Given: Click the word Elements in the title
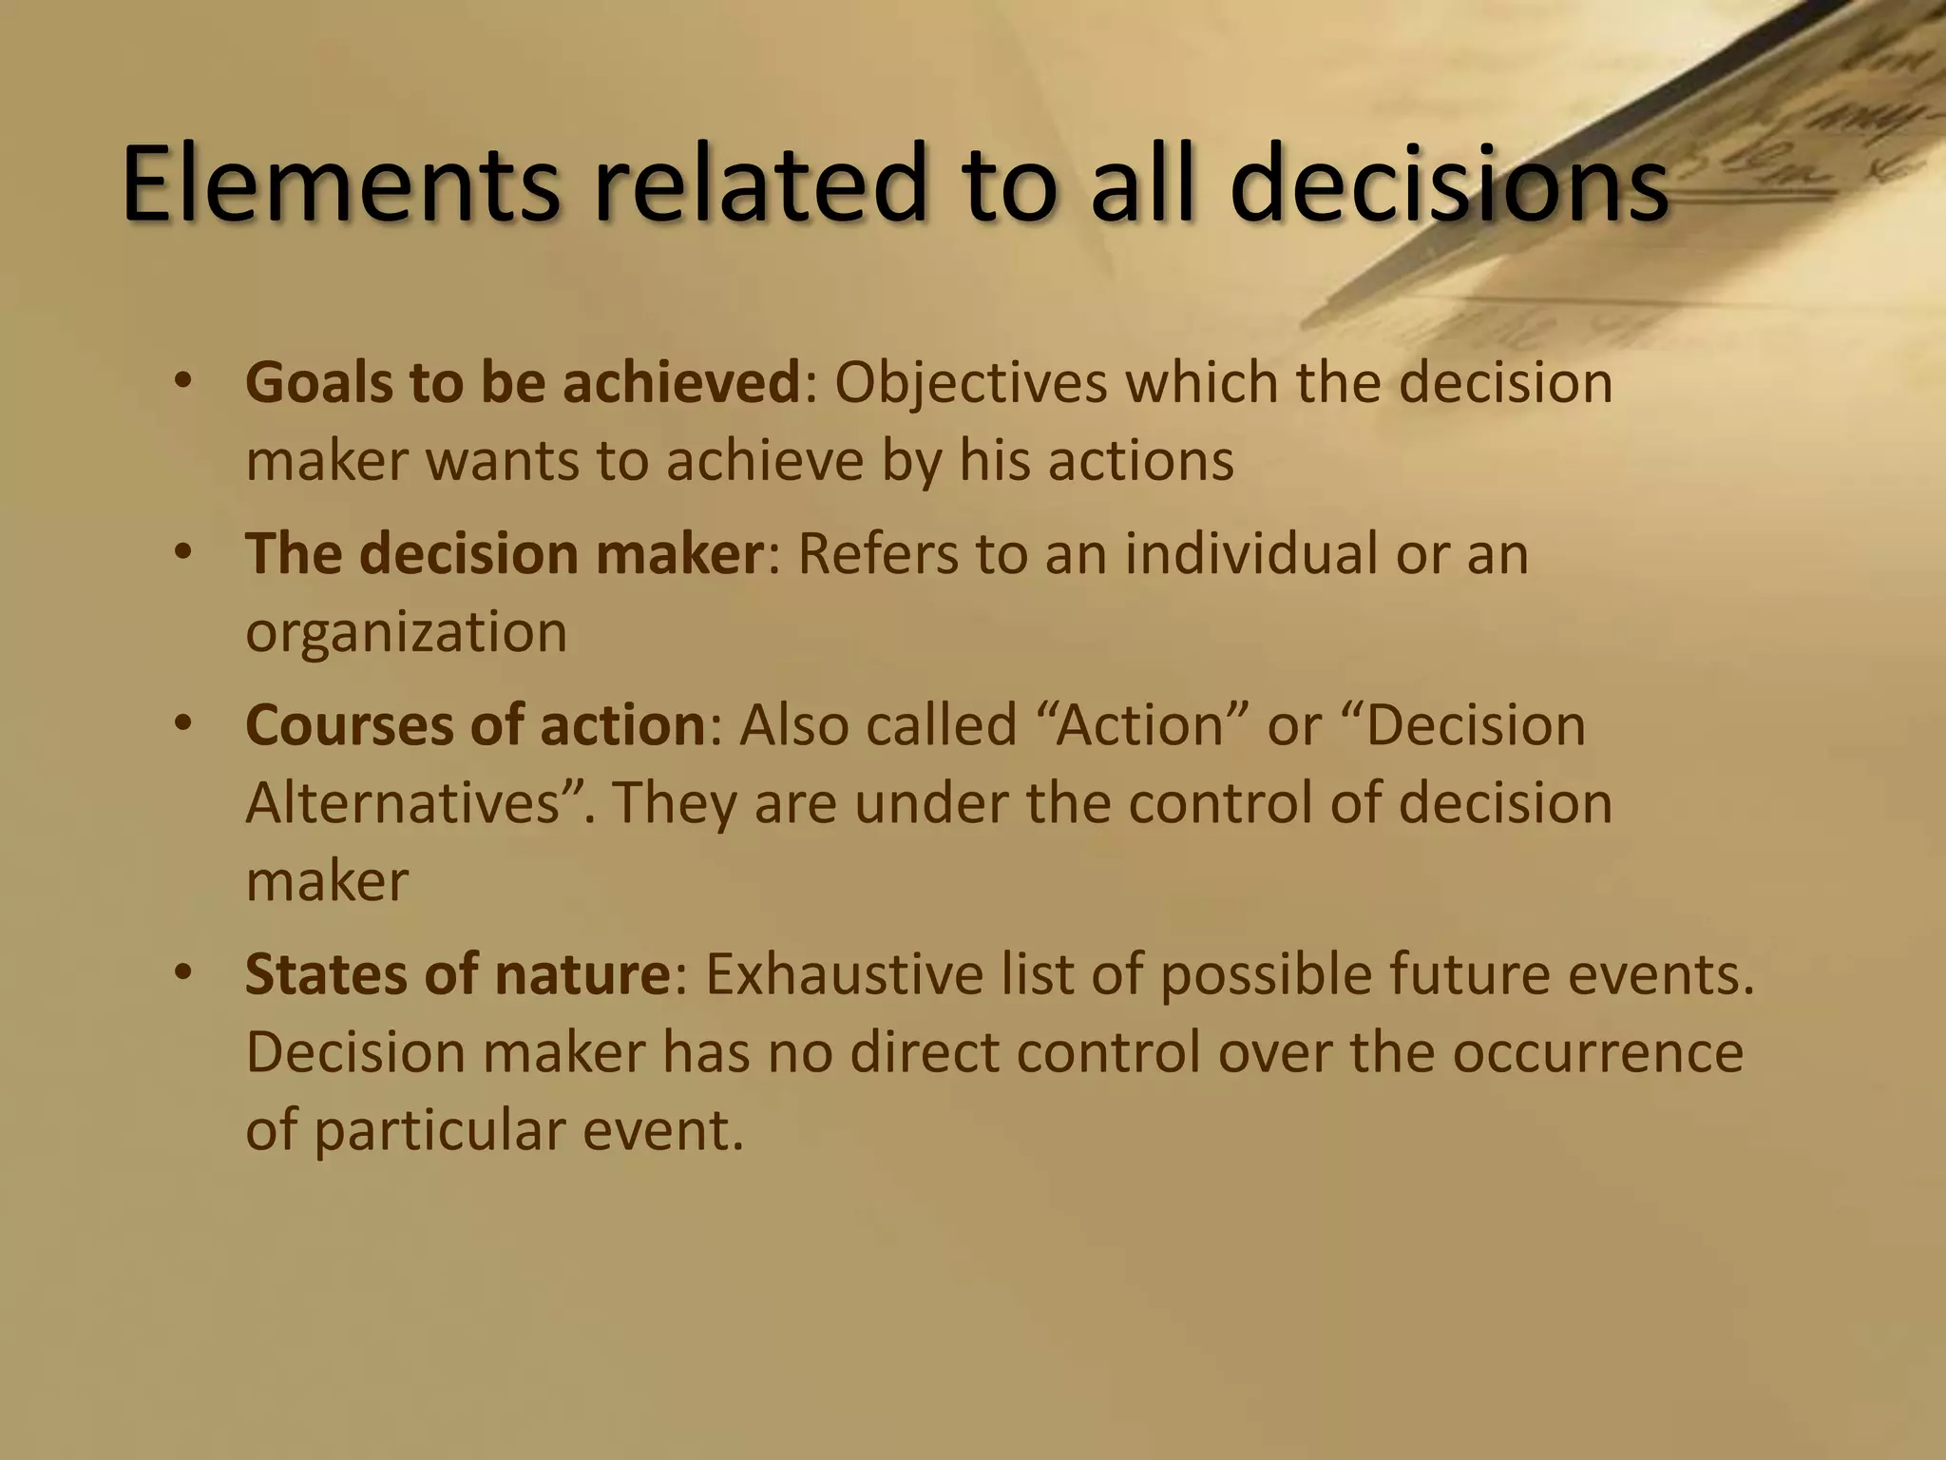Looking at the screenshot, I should pyautogui.click(x=341, y=184).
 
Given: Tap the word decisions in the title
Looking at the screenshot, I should pyautogui.click(x=1448, y=184).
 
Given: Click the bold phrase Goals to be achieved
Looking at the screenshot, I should pyautogui.click(x=523, y=383).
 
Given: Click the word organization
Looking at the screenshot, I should pyautogui.click(x=406, y=633).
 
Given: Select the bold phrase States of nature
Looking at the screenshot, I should pyautogui.click(x=458, y=975).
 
